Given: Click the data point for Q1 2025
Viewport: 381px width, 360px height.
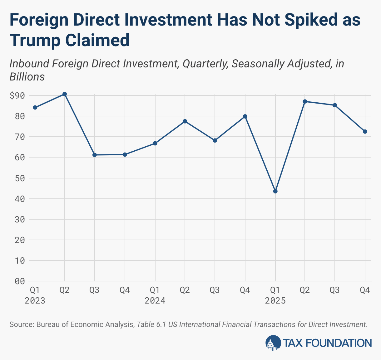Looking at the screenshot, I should (x=275, y=191).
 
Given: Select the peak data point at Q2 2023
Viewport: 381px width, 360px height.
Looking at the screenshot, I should (x=65, y=94).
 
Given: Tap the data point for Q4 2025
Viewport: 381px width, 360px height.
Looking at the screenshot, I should (x=365, y=132).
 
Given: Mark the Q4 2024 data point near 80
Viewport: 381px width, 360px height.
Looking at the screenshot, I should (x=245, y=116).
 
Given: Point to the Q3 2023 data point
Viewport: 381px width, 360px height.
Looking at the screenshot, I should (x=95, y=155).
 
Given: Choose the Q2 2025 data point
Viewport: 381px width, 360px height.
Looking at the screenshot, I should (x=305, y=101).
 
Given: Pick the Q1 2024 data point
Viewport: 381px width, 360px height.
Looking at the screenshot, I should (x=155, y=143).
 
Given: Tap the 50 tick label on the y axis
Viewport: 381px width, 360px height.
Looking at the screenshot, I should (x=19, y=178).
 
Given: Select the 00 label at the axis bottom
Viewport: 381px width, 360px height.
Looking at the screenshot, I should (x=19, y=281).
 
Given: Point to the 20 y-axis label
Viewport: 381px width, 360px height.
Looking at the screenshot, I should (x=19, y=240).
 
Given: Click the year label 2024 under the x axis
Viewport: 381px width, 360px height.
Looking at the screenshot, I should (x=155, y=301).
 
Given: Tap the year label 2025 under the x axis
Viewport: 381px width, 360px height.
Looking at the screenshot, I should (x=275, y=301).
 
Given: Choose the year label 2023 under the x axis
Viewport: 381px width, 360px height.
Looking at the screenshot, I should (x=35, y=301).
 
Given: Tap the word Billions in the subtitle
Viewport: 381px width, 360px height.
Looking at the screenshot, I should (x=27, y=77).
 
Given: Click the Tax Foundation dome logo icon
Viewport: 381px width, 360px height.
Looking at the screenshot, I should (x=273, y=343).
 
